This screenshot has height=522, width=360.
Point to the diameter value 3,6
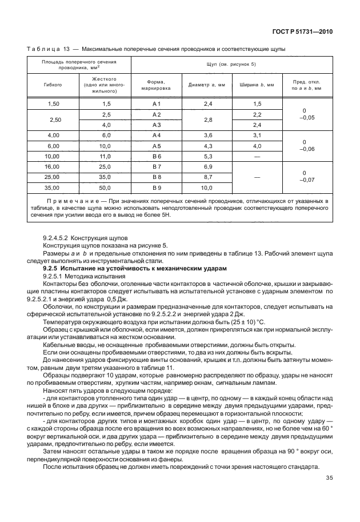207,135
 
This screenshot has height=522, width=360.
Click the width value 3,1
257,135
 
